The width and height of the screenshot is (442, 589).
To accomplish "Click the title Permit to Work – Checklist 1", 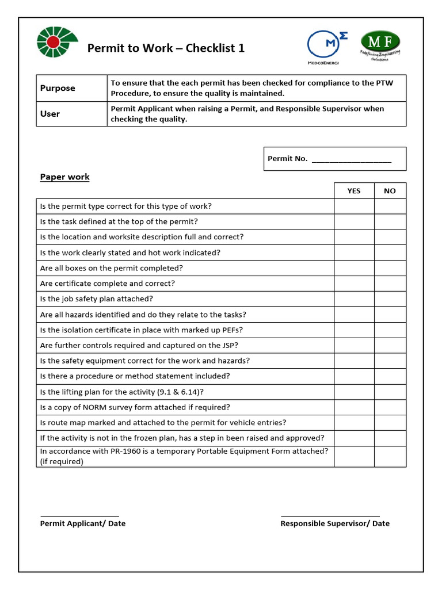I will click(x=166, y=48).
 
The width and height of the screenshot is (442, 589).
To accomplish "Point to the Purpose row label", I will click(x=58, y=88).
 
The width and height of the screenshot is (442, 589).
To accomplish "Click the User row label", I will click(x=50, y=114).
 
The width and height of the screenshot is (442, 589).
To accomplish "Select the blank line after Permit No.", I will click(x=351, y=159).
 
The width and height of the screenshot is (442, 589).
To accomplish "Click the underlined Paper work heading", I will click(x=64, y=177).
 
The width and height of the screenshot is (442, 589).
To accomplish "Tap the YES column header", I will click(x=354, y=191).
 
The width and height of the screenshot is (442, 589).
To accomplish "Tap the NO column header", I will click(x=390, y=191).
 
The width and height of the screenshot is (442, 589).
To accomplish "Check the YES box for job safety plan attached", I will click(x=354, y=299).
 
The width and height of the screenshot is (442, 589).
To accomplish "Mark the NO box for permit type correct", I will click(x=390, y=206).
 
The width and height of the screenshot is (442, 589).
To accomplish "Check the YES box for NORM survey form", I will click(x=354, y=407).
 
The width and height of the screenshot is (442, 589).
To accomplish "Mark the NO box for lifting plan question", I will click(x=390, y=392).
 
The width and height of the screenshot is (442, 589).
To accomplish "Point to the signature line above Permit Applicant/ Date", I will click(x=79, y=515).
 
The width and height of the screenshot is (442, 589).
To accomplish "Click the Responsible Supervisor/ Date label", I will click(x=335, y=523).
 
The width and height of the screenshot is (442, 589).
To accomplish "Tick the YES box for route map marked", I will click(x=354, y=423).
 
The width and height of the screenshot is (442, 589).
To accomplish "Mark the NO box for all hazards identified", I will click(x=390, y=315).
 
